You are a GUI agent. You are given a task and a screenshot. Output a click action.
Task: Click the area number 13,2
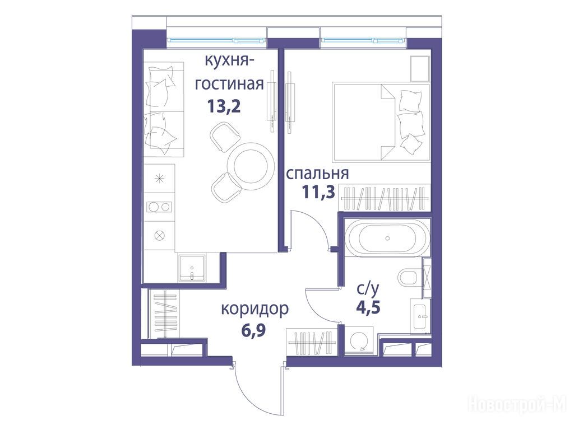click(224, 106)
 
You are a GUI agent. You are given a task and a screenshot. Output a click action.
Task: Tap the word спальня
click(317, 174)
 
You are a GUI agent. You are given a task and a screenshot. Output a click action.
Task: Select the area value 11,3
click(318, 191)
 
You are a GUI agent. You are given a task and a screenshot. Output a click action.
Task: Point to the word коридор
click(254, 310)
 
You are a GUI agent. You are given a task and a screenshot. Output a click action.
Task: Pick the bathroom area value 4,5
click(368, 307)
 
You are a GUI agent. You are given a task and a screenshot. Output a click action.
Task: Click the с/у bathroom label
click(368, 289)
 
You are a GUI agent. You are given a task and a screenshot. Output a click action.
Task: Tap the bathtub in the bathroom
click(388, 237)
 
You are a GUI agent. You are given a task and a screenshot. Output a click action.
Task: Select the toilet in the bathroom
click(410, 277)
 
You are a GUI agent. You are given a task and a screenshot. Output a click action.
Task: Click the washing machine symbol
click(359, 342)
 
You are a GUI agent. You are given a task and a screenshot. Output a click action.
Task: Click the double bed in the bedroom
click(381, 123)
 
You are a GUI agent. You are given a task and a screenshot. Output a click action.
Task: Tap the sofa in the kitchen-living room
click(163, 109)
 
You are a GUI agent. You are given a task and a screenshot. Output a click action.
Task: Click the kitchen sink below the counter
click(192, 268)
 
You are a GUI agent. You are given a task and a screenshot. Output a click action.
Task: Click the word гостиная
click(229, 85)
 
